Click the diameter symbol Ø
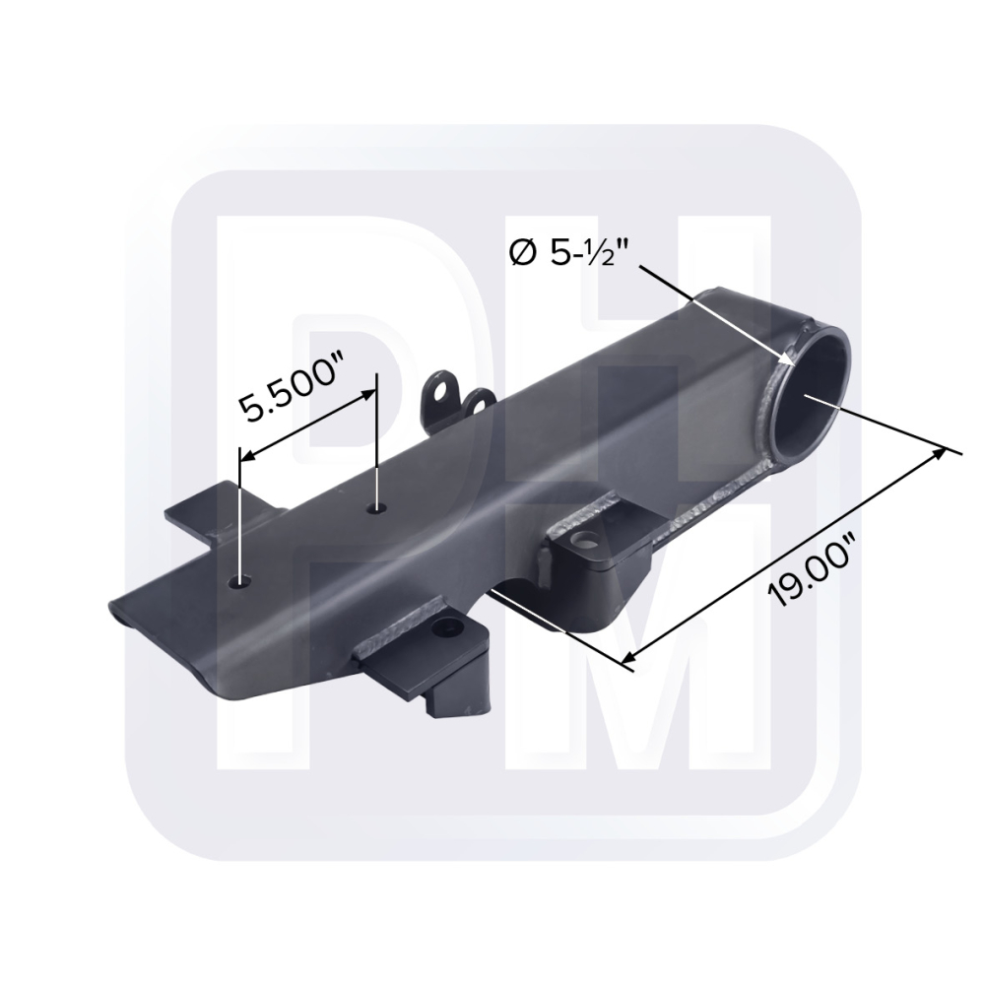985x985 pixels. (x=523, y=253)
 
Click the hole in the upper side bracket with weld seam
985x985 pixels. (x=586, y=539)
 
